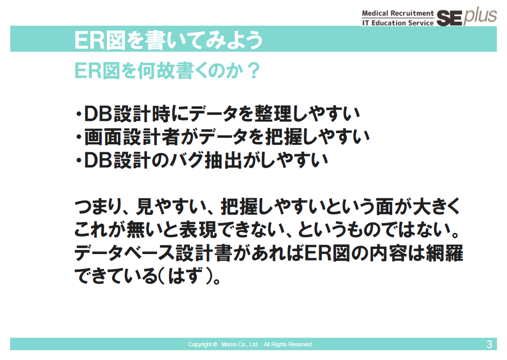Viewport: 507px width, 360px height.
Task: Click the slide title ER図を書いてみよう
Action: point(168,40)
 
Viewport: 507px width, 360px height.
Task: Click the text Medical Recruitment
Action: point(398,13)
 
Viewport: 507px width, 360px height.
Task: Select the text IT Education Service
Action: point(398,23)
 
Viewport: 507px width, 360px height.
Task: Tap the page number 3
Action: point(489,344)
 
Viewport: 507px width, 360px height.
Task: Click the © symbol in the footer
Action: point(215,345)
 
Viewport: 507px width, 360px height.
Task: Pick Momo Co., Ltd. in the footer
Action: point(240,345)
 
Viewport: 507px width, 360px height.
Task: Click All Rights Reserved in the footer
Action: point(289,345)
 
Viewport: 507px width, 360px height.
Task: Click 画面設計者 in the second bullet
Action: point(132,136)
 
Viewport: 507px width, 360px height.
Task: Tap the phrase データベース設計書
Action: point(154,253)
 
